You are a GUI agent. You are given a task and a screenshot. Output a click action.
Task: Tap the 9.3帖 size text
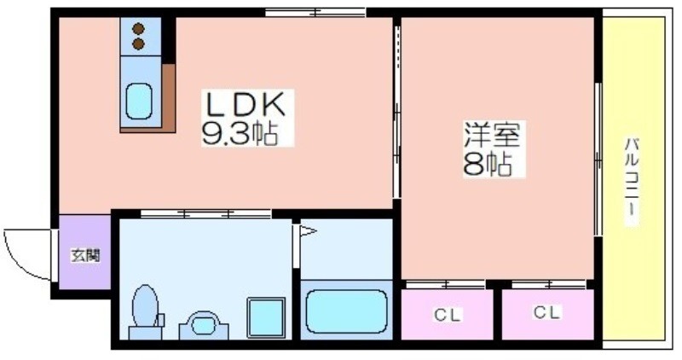click(241, 133)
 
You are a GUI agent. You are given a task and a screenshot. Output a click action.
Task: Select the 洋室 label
click(492, 135)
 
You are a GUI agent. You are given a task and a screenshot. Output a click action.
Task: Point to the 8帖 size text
click(487, 165)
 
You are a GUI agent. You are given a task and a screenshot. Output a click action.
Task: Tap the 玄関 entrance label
click(84, 254)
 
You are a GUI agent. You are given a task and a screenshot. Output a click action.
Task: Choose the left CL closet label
click(447, 316)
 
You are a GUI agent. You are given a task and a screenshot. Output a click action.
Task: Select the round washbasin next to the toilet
click(203, 323)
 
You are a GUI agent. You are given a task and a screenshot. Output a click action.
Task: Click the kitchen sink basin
click(138, 102)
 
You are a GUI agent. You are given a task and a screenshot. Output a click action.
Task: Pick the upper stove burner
click(138, 28)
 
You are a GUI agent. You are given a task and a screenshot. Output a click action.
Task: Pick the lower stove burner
click(138, 44)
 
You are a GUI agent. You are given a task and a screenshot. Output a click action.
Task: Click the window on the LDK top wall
click(315, 12)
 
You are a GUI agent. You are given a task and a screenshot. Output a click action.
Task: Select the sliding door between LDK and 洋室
click(396, 111)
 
